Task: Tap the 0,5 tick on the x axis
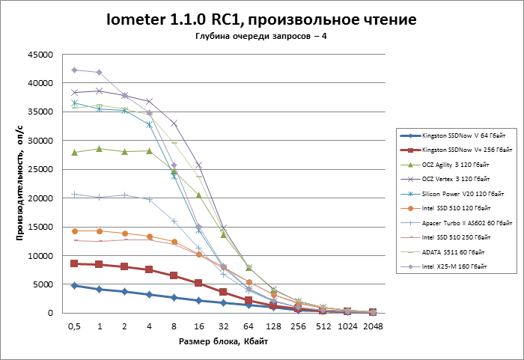point(74,326)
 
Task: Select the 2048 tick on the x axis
point(373,326)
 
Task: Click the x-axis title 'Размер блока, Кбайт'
point(223,342)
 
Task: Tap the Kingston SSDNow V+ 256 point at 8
point(174,275)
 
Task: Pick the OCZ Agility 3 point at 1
point(100,149)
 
